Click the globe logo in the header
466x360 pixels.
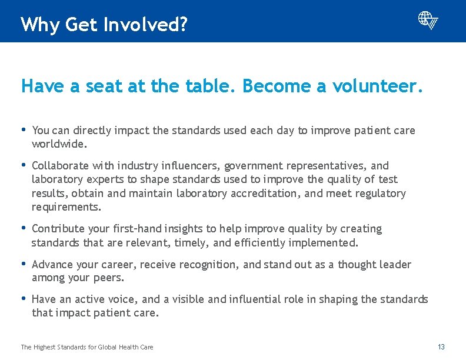pyautogui.click(x=428, y=20)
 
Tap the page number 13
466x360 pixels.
pyautogui.click(x=441, y=347)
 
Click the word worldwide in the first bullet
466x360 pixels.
pyautogui.click(x=58, y=144)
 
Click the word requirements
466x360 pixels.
pyautogui.click(x=65, y=207)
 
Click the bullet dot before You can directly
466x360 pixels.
pyautogui.click(x=24, y=130)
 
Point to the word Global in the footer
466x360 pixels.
pyautogui.click(x=106, y=347)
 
